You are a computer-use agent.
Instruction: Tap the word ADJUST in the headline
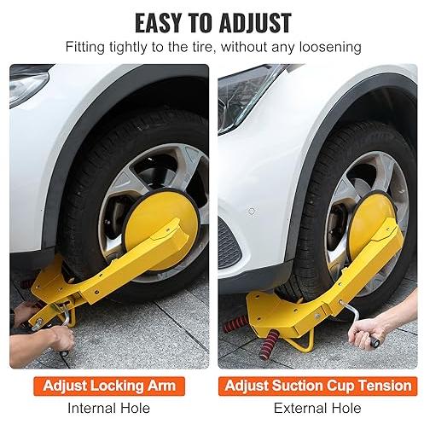click(x=255, y=23)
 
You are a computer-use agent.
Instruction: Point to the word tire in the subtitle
click(x=200, y=47)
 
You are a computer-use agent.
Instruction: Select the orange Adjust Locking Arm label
click(x=109, y=386)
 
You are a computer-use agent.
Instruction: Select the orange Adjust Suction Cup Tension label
click(x=318, y=386)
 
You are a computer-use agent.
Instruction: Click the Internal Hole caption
click(x=109, y=409)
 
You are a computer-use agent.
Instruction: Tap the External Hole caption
click(x=317, y=409)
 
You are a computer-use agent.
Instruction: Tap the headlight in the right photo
click(x=245, y=96)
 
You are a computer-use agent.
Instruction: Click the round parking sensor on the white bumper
click(x=252, y=212)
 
